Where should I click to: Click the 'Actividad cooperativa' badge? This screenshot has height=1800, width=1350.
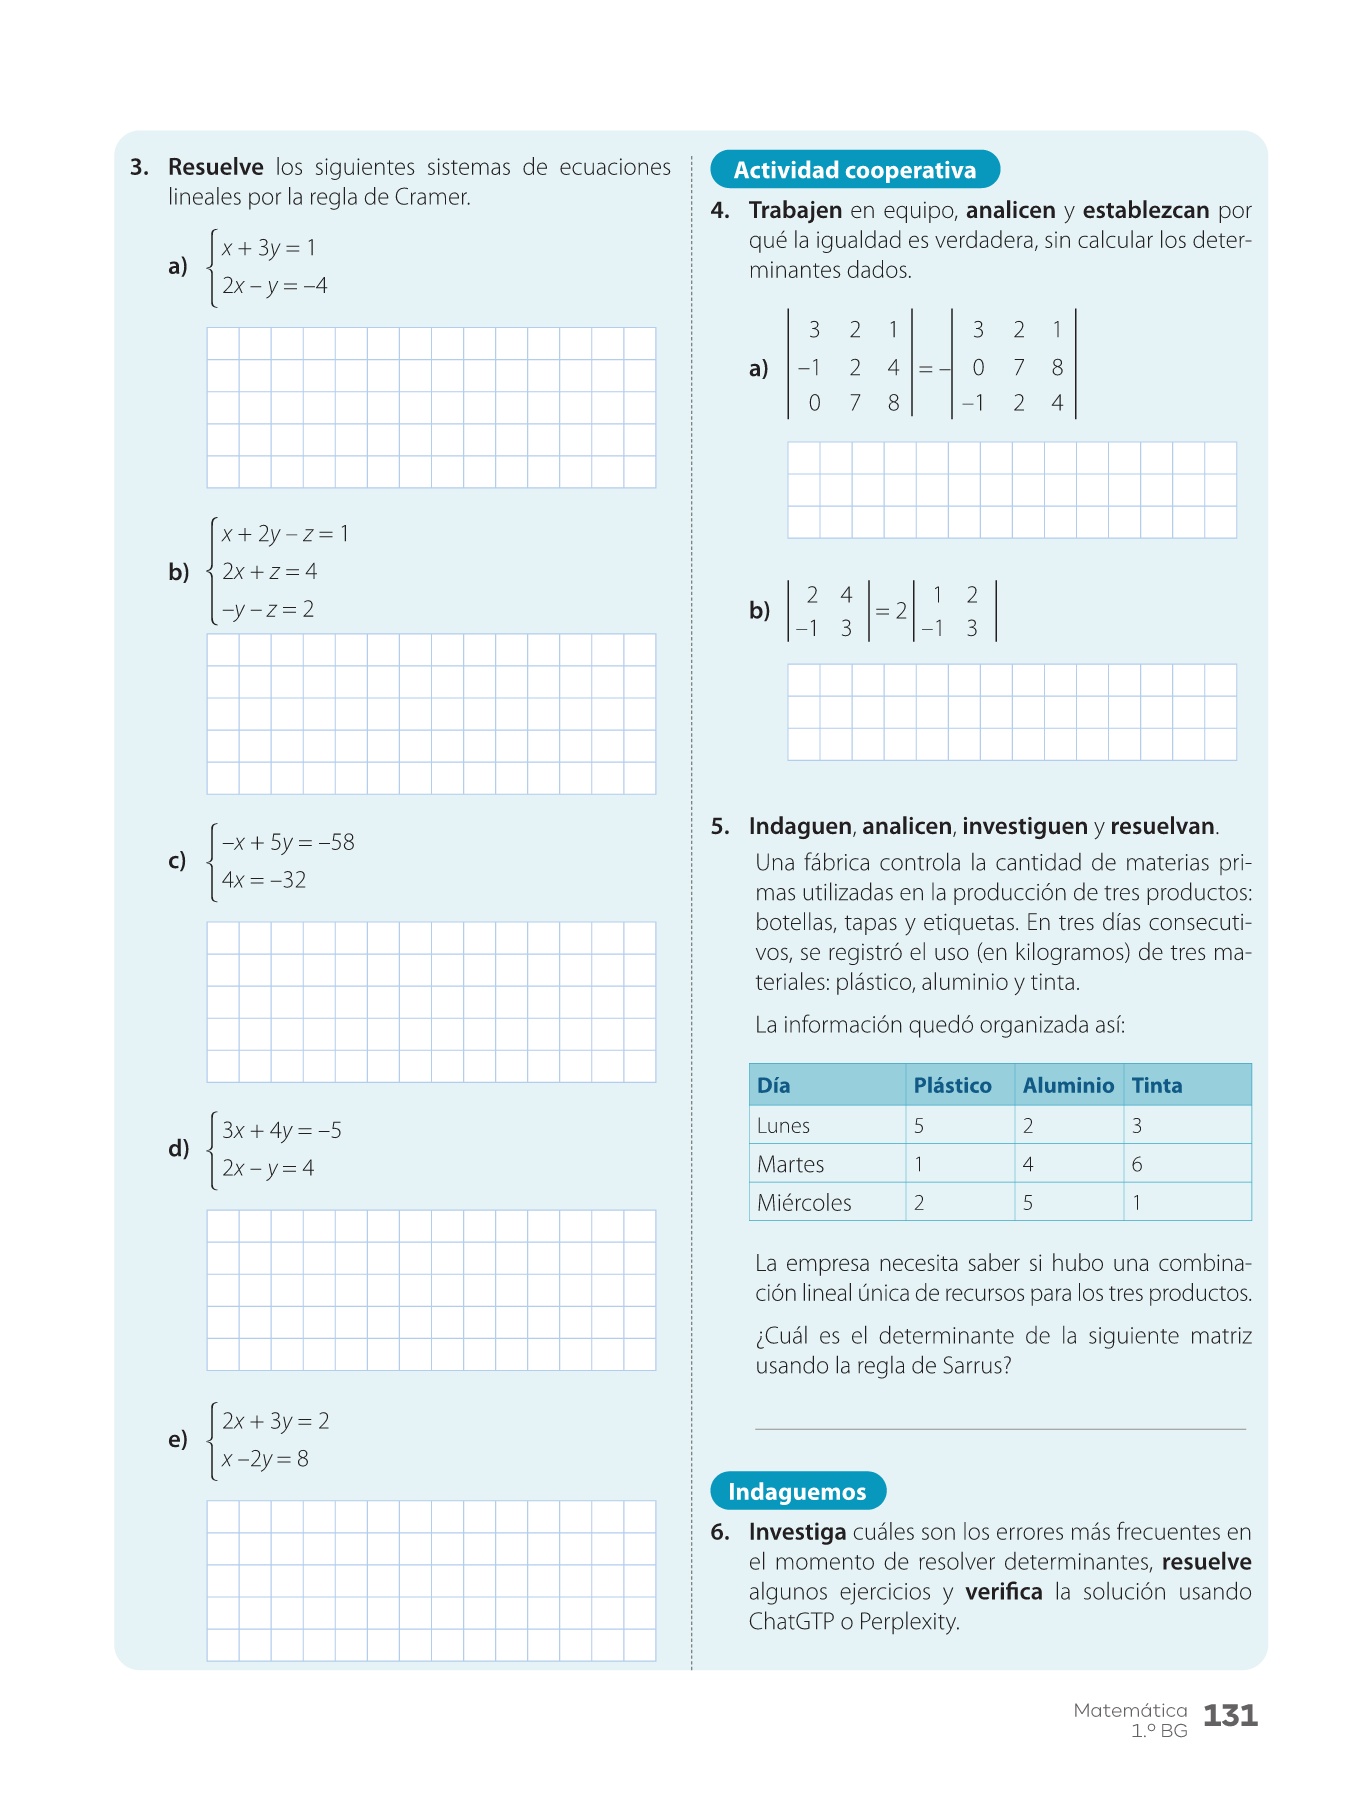coord(854,170)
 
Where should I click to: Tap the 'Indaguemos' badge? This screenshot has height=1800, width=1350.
coord(797,1491)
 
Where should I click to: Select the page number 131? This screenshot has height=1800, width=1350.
coord(1229,1716)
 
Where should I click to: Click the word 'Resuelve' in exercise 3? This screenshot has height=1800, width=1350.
coord(215,167)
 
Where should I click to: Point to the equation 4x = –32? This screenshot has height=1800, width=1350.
coord(264,880)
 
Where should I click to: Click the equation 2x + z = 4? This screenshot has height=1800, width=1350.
coord(269,571)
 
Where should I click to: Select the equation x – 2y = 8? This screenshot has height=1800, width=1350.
coord(265,1459)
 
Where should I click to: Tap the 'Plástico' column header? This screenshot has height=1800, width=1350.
coord(952,1085)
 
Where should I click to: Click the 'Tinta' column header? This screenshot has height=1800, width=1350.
coord(1156,1085)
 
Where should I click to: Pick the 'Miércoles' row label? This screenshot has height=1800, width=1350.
coord(804,1202)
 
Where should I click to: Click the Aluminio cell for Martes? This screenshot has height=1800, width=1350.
coord(1028,1164)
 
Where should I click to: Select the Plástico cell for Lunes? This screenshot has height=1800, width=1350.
coord(919,1125)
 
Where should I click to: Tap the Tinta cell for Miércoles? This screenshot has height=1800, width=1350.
coord(1137,1202)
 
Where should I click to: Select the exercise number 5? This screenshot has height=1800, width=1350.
coord(720,827)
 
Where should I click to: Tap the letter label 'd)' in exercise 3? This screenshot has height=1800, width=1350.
coord(178,1148)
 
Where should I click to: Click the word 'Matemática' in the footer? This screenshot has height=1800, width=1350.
coord(1130,1710)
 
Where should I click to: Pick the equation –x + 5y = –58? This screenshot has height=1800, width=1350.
coord(288,842)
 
